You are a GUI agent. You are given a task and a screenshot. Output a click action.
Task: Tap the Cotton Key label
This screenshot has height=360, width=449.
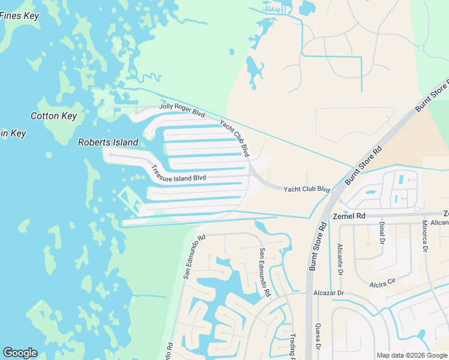pos(54,116)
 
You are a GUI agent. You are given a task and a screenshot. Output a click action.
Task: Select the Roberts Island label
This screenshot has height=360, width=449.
pos(108,142)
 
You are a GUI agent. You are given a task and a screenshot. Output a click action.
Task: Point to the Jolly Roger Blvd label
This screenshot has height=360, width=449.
pos(182,110)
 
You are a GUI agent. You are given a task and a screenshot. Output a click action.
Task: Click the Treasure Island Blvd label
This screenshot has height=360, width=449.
pos(178,173)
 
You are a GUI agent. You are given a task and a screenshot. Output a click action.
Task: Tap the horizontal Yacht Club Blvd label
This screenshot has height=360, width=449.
pos(307,189)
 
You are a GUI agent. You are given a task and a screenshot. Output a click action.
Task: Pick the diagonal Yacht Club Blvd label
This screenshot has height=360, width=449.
pos(235,137)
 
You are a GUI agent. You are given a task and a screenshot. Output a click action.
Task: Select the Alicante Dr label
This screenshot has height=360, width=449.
pos(340,257)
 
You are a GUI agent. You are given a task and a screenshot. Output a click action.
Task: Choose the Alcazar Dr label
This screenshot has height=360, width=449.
pos(328,293)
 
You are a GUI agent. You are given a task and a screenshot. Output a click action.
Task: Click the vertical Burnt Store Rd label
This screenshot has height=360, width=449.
pos(317,246)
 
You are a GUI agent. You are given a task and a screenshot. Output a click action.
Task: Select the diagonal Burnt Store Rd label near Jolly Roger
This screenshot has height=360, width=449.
pos(364,164)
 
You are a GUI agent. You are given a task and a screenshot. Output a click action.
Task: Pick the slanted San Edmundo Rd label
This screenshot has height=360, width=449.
pos(194,256)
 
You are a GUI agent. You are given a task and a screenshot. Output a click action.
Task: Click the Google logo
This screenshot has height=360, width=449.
pos(20,353)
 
